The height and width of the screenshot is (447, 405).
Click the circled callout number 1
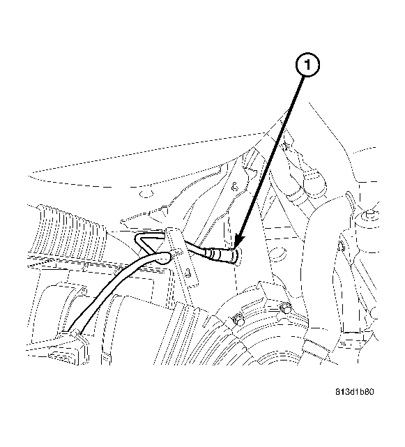(307, 65)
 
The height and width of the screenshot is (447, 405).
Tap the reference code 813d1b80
(354, 392)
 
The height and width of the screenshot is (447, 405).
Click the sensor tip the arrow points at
(236, 255)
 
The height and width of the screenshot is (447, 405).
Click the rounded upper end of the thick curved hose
(165, 257)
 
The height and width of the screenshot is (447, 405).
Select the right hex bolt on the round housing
(286, 308)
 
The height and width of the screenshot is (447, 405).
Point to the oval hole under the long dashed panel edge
(146, 194)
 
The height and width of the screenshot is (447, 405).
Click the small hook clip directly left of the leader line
(234, 187)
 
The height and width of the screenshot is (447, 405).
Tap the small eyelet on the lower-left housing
(84, 291)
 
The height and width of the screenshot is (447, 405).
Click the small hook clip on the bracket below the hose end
(188, 272)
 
